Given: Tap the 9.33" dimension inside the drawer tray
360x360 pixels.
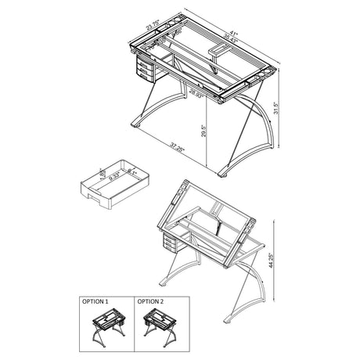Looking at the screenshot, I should pos(116,178).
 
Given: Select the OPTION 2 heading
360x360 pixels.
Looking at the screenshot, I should pos(151,301).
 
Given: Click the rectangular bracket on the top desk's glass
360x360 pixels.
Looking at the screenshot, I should pos(217,52).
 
